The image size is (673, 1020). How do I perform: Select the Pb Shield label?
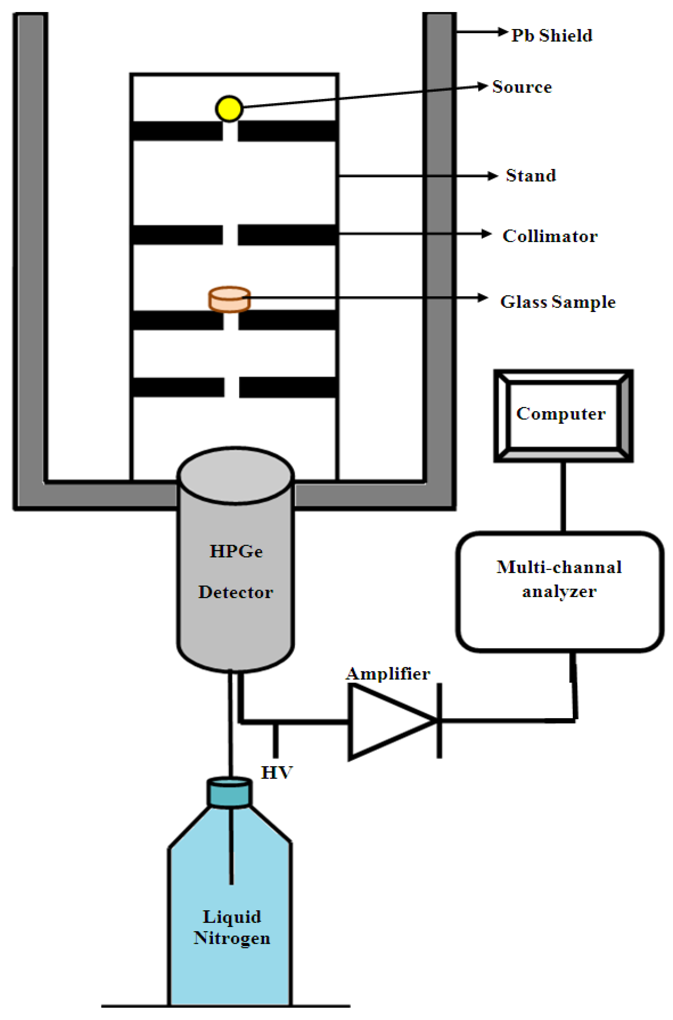pos(551,36)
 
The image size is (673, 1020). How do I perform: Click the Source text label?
pos(521,87)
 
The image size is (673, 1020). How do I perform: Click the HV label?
pos(277,773)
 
